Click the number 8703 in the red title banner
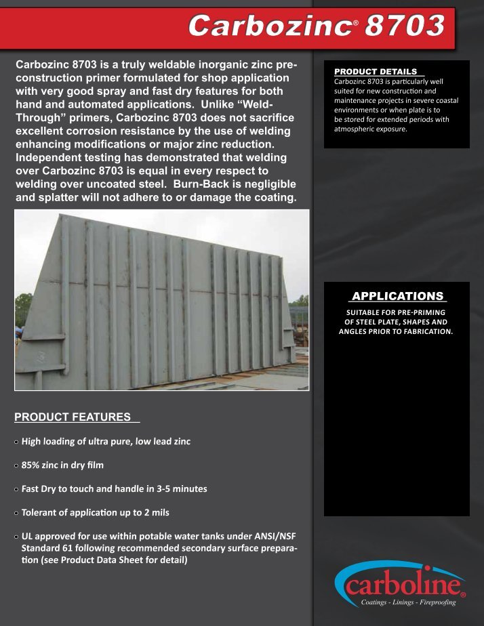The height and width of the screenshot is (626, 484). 404,26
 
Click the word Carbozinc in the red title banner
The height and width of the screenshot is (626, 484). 269,26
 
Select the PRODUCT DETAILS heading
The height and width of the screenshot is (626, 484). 376,71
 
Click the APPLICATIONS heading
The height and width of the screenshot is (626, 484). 397,296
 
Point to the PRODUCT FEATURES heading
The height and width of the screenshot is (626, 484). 73,416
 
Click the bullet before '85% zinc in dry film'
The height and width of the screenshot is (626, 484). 17,465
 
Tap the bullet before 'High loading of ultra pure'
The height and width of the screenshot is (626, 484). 17,442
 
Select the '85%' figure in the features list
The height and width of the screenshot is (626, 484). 33,465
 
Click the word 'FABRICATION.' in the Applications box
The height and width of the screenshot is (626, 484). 426,331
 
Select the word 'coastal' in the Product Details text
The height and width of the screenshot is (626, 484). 443,100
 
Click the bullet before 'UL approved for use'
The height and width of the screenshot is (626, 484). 17,536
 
